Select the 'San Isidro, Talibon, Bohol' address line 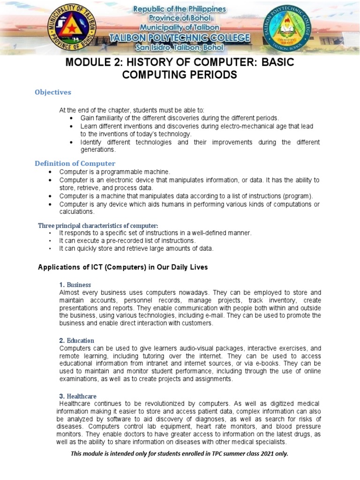pyautogui.click(x=180, y=47)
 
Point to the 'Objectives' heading pyautogui.click(x=53, y=92)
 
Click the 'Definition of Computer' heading pyautogui.click(x=75, y=163)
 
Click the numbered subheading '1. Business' pyautogui.click(x=75, y=285)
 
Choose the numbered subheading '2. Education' pyautogui.click(x=76, y=340)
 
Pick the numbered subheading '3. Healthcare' pyautogui.click(x=77, y=396)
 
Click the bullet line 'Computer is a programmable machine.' pyautogui.click(x=115, y=172)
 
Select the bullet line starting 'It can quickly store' pyautogui.click(x=136, y=248)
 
